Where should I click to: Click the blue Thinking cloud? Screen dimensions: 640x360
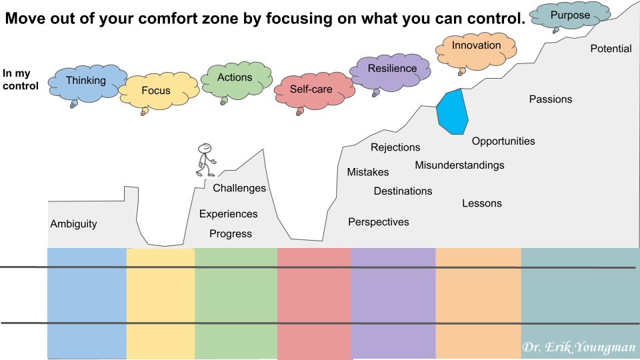[86, 84]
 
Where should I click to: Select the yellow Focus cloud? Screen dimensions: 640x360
[159, 91]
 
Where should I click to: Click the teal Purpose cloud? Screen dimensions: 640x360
[570, 16]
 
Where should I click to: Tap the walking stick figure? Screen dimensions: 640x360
[206, 160]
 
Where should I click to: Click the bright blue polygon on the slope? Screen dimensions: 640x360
[452, 112]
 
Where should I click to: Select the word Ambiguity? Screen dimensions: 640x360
[73, 224]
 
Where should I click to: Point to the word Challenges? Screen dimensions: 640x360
[239, 188]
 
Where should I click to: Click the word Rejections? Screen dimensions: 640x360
[395, 147]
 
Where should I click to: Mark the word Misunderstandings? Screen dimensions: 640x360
[459, 165]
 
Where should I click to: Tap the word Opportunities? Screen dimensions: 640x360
[503, 141]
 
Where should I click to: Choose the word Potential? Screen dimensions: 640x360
[611, 49]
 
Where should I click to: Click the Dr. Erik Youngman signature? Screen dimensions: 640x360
[579, 347]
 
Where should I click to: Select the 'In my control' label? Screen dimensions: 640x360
[21, 79]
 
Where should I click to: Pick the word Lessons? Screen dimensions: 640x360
[481, 203]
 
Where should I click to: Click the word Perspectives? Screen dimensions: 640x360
[379, 222]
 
